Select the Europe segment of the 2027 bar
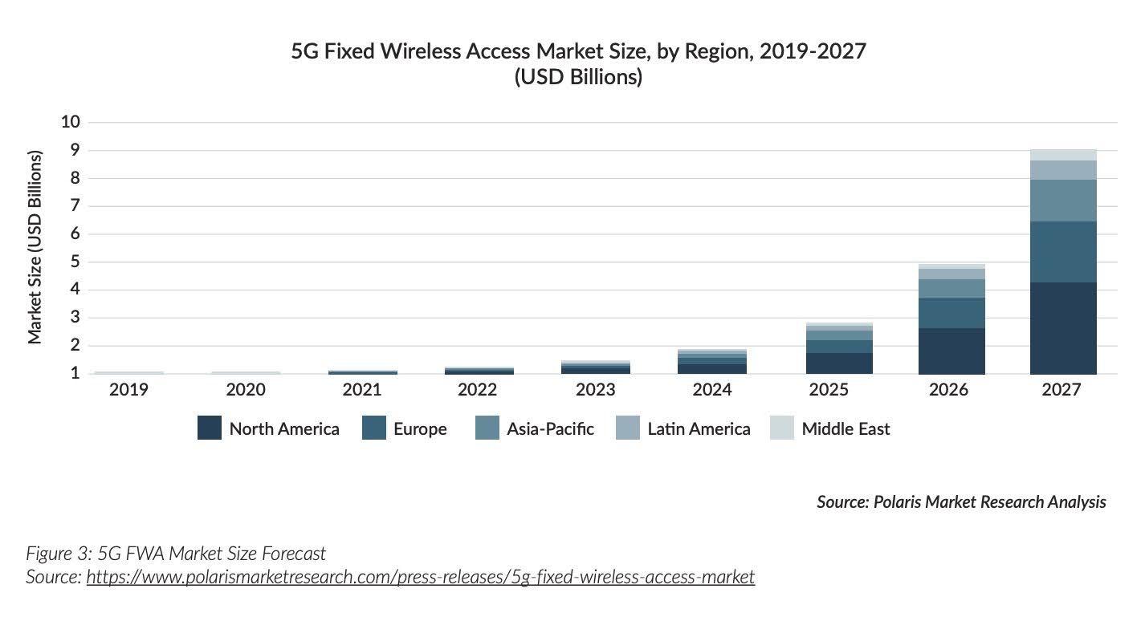1063,251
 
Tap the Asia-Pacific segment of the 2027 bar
1063,200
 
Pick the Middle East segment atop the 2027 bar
1063,155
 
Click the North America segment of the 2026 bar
951,351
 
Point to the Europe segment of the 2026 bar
951,313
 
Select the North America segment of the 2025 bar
839,363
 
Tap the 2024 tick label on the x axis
711,390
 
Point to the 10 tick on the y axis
71,122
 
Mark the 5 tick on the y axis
75,262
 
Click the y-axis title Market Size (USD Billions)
35,246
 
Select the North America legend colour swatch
210,428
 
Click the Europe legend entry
420,428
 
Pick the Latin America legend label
699,428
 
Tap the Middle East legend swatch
781,428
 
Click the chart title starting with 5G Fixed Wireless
578,52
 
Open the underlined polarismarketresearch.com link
420,576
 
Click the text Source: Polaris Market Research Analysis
961,502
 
